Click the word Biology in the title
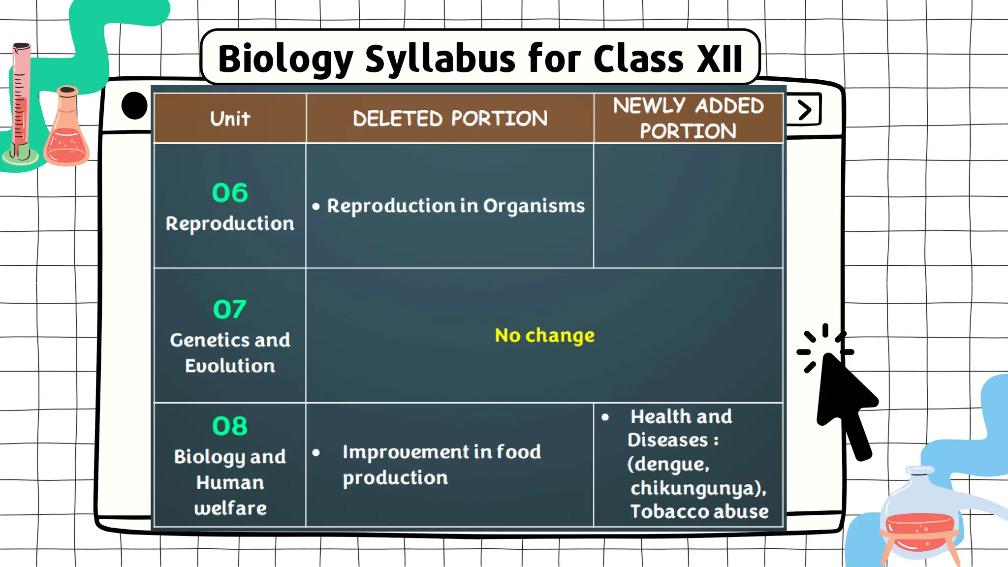click(285, 59)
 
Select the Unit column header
click(230, 119)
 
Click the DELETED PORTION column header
click(449, 119)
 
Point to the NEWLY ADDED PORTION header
click(688, 119)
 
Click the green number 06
click(230, 192)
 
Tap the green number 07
click(230, 309)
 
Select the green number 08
click(230, 426)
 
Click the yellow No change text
click(544, 335)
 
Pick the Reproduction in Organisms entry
click(455, 206)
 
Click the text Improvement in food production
click(441, 465)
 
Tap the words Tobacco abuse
click(699, 511)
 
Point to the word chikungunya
click(696, 488)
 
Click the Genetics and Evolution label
click(230, 352)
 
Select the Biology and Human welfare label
click(230, 482)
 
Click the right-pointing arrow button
click(804, 110)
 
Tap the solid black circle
click(134, 105)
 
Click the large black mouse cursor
click(844, 404)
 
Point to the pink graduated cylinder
click(21, 103)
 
